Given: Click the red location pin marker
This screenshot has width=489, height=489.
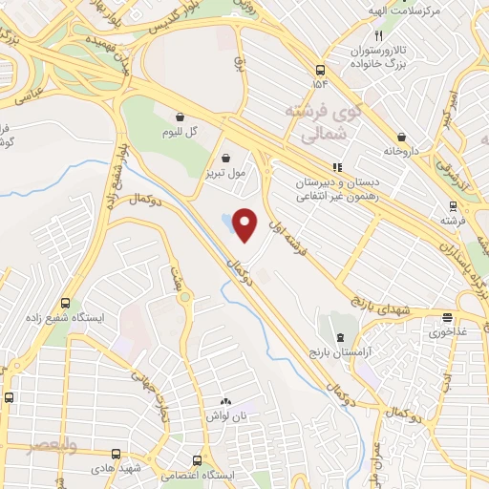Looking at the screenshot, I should coord(246,224).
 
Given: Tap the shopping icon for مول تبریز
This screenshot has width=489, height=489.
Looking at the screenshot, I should coord(225,159).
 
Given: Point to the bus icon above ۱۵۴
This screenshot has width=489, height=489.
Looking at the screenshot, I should coord(321,69).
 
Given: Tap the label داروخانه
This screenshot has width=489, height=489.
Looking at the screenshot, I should coord(402,150).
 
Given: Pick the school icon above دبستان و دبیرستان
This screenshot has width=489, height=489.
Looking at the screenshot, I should coord(336,166).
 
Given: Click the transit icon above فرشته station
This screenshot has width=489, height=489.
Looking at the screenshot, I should coord(454,206).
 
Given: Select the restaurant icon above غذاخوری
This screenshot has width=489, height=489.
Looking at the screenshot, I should coord(447,318).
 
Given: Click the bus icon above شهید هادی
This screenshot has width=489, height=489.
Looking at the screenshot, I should coord(117,455).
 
